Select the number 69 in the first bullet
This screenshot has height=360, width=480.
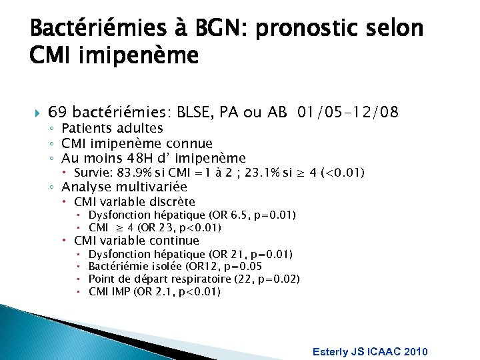point(57,111)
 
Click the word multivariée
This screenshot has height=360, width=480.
point(152,187)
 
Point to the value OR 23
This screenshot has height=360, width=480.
point(154,228)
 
